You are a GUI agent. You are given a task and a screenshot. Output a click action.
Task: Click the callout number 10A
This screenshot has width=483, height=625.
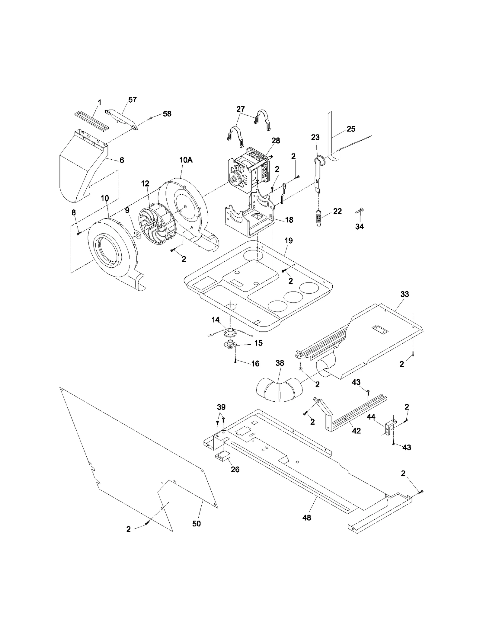point(186,160)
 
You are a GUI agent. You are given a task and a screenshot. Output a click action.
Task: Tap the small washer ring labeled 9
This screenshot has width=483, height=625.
point(137,234)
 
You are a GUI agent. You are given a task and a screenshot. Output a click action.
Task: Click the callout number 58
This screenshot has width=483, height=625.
point(167,114)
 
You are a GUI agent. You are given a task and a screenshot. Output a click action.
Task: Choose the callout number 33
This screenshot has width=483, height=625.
point(405,294)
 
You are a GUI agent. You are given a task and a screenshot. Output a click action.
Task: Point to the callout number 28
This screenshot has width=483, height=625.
point(276,141)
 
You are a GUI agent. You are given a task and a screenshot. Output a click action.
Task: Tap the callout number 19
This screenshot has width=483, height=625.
point(289,241)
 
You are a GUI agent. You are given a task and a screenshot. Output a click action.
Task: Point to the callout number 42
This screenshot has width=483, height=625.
point(357,431)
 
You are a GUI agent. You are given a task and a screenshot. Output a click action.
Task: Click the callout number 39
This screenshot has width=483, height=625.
point(221,407)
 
